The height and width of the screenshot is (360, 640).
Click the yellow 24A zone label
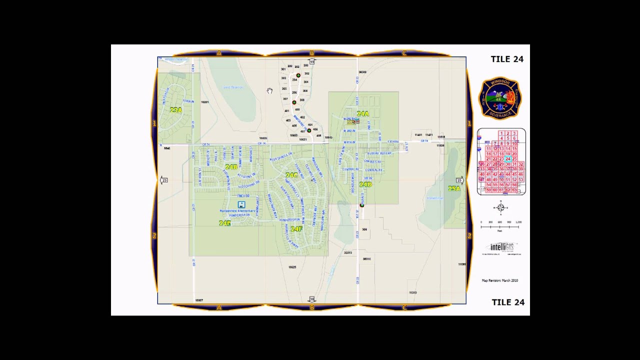[x=362, y=114]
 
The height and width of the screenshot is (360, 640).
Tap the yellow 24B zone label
[x=231, y=167]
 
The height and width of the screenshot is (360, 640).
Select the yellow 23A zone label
[x=175, y=110]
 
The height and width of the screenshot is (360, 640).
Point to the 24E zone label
[x=225, y=223]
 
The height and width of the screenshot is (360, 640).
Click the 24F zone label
[x=296, y=229]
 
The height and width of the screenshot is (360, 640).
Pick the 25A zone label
[x=453, y=188]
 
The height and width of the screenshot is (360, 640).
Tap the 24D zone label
[x=365, y=184]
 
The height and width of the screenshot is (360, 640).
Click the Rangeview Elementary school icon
[x=241, y=204]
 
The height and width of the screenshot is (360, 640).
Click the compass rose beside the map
[x=500, y=207]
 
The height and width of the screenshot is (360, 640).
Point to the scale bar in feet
[x=500, y=226]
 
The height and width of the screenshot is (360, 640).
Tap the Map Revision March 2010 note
[x=499, y=280]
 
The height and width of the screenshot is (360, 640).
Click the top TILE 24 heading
[x=507, y=59]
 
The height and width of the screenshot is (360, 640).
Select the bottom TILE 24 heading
[x=508, y=302]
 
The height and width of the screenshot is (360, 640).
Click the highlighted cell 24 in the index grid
[x=507, y=159]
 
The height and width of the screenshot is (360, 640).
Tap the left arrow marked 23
[x=163, y=180]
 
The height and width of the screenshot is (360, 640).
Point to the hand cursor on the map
[x=269, y=90]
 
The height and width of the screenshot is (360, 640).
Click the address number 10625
[x=292, y=267]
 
